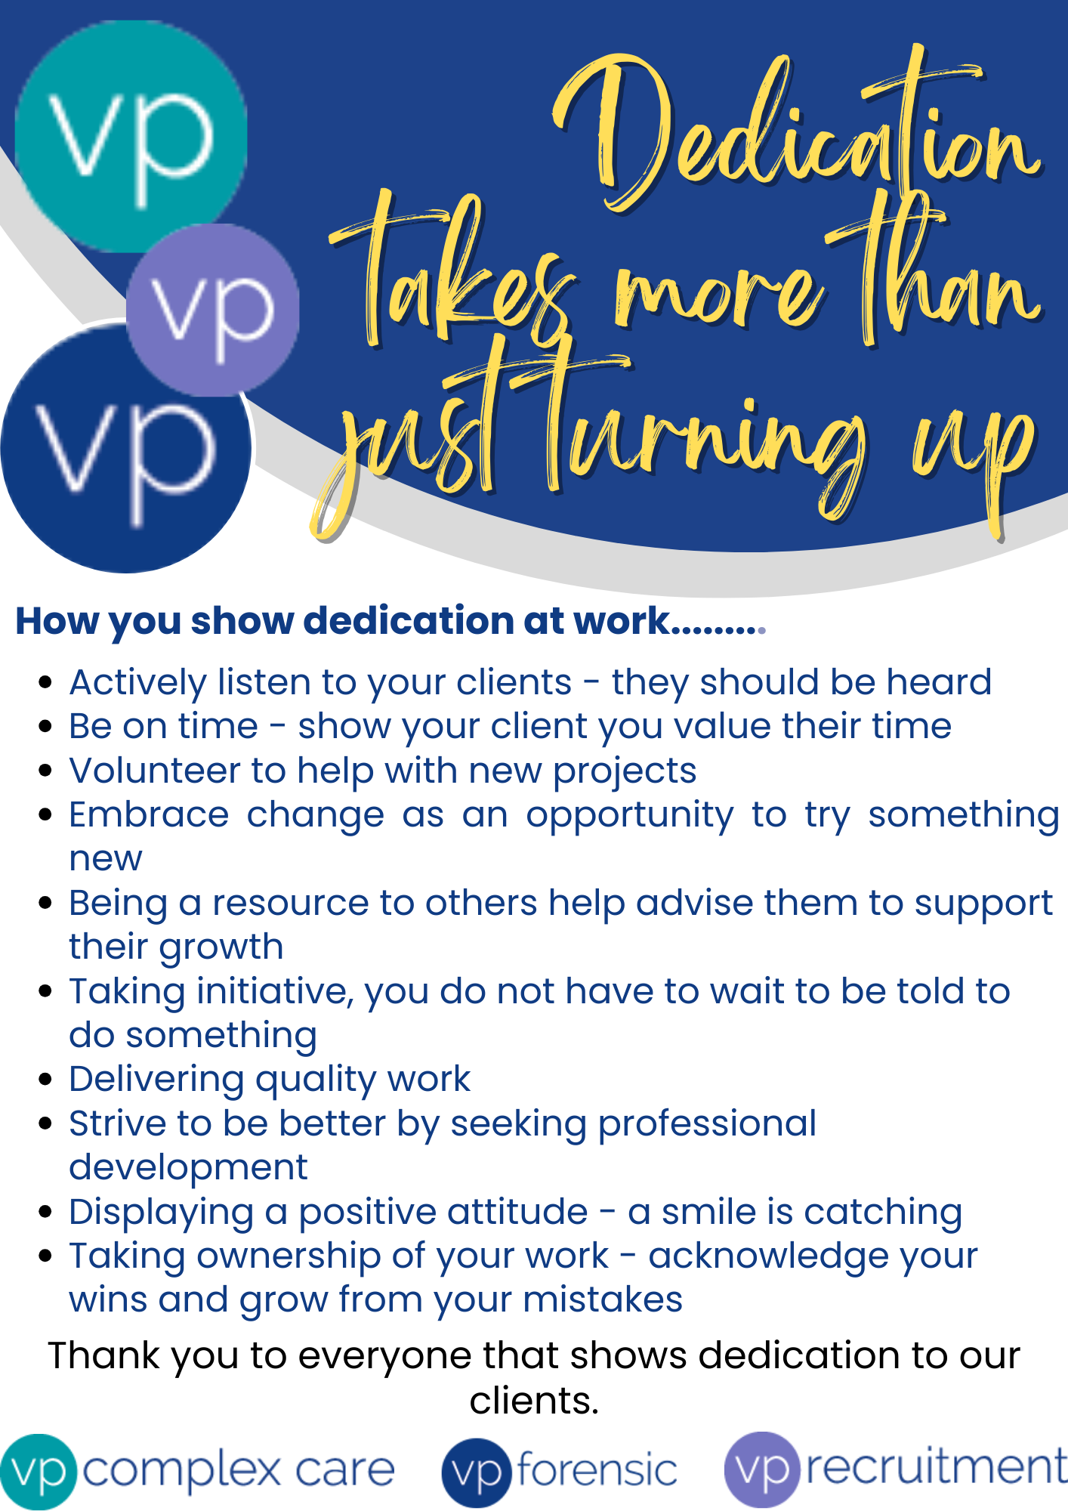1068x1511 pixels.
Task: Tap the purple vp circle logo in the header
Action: pyautogui.click(x=213, y=310)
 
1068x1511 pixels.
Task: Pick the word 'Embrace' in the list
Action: pyautogui.click(x=149, y=814)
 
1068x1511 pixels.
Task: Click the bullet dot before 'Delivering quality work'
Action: pyautogui.click(x=45, y=1080)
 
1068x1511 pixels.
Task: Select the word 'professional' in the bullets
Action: pyautogui.click(x=707, y=1124)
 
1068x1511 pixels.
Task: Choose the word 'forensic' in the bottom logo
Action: pyautogui.click(x=597, y=1470)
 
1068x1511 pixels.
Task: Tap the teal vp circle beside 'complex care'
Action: pyautogui.click(x=39, y=1472)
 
